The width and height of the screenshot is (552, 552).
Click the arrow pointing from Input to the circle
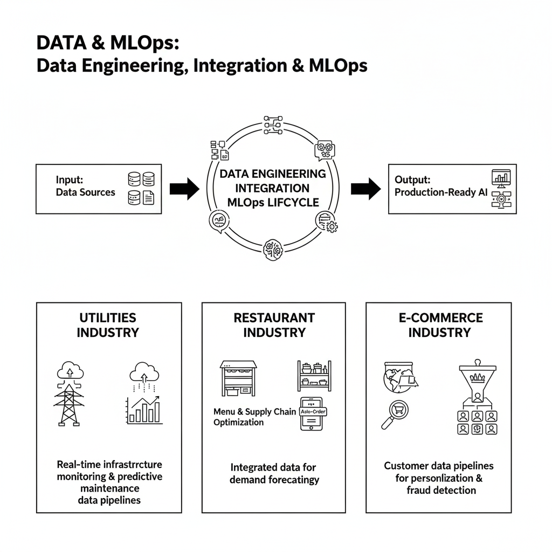184,189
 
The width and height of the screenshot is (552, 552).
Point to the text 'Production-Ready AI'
440,192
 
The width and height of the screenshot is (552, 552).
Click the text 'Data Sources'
85,192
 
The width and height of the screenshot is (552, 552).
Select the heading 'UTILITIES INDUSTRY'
108,325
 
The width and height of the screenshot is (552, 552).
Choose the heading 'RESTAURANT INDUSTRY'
274,325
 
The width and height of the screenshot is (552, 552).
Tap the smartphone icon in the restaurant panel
312,413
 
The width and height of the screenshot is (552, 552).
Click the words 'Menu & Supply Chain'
254,411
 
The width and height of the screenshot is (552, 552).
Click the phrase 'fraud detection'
441,490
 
